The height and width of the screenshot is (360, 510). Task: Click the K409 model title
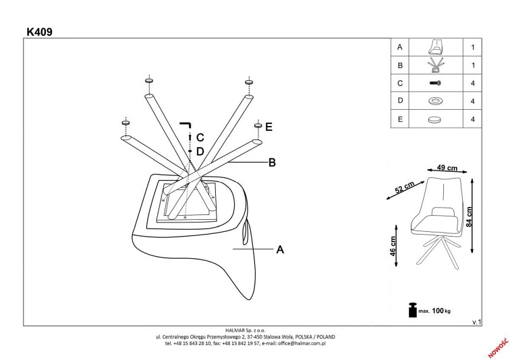tap(41, 30)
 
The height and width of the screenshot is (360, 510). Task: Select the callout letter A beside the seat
tap(280, 249)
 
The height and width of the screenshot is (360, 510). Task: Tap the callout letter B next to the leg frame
tap(272, 162)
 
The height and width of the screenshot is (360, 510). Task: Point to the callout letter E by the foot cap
tap(268, 127)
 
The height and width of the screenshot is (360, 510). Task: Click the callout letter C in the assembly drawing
tap(200, 138)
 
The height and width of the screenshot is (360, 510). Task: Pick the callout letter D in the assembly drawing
tap(200, 151)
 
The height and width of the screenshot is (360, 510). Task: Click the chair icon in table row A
tap(435, 48)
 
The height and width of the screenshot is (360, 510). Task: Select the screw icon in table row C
tap(435, 83)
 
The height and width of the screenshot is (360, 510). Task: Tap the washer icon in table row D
tap(435, 101)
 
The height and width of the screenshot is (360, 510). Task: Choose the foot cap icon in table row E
tap(435, 119)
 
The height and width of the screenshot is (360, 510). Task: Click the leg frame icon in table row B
tap(435, 66)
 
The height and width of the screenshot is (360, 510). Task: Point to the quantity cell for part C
tap(472, 84)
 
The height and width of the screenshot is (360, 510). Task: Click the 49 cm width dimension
tap(448, 168)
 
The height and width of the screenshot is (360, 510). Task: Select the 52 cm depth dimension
tap(404, 189)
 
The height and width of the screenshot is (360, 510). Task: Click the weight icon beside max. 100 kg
tap(412, 309)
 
